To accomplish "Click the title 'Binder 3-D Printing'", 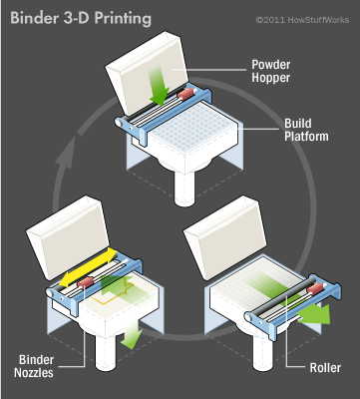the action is coord(81,18).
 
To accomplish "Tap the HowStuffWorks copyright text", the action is coord(302,20).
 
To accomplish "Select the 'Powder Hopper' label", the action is coord(270,71).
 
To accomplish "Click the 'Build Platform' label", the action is coord(306,130).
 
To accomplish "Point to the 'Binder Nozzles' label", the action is coord(34,366).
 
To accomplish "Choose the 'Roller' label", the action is coord(325,368).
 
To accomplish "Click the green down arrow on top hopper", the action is coord(159,85).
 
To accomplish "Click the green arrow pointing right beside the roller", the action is coord(314,313).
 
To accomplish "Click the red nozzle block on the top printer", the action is coord(185,94).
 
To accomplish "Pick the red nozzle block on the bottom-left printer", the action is coord(86,283).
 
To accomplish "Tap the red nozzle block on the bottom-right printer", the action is coord(315,289).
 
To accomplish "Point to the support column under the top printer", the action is coord(184,187).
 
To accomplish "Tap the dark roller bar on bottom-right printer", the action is coord(279,298).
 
